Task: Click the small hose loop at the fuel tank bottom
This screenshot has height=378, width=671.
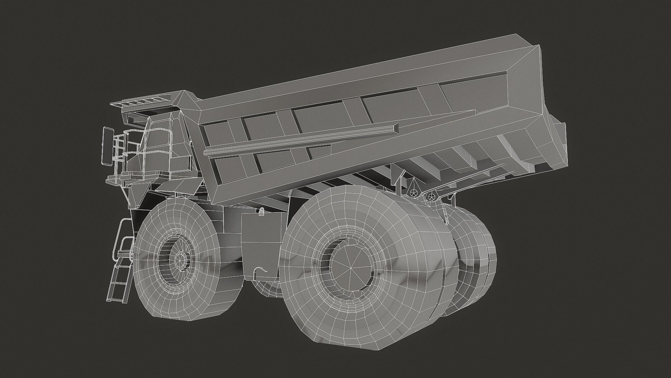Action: (261, 270)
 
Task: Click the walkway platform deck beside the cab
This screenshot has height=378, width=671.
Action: (136, 175)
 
